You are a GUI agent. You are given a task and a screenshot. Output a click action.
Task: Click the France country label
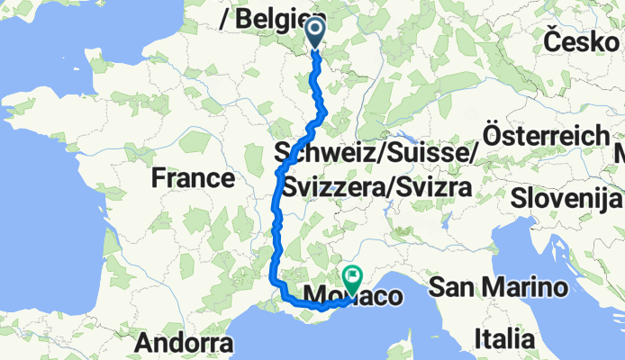[193, 178]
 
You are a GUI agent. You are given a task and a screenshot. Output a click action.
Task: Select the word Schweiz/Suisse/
[375, 154]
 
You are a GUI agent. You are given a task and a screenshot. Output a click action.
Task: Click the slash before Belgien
[223, 17]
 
